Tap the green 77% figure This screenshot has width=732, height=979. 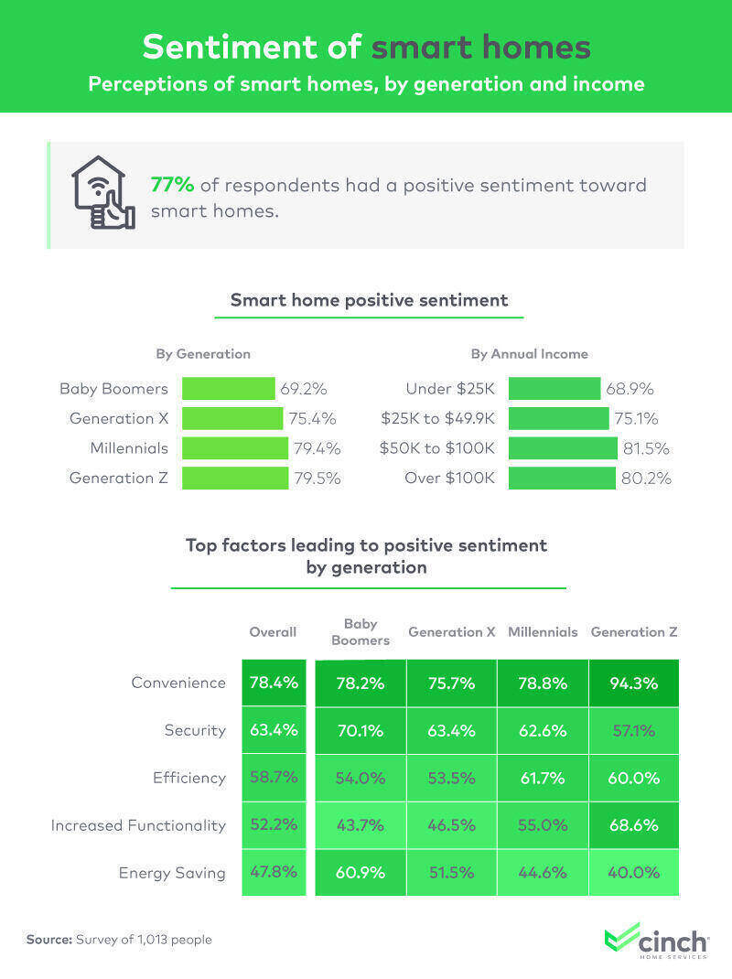(172, 185)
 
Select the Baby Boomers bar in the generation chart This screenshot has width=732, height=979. (228, 389)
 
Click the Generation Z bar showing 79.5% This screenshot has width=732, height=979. (234, 478)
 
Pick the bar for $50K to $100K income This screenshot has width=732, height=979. (563, 448)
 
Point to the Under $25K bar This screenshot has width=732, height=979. (554, 389)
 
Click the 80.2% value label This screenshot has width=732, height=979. (646, 478)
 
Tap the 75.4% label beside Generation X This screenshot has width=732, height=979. (313, 419)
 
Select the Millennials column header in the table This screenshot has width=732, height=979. (543, 632)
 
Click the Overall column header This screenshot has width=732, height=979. (273, 632)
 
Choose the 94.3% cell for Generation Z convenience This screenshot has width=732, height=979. (633, 683)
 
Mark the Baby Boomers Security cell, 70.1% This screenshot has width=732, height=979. (360, 730)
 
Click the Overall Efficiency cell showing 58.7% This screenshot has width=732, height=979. (273, 778)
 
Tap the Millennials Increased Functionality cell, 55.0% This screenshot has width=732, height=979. (543, 825)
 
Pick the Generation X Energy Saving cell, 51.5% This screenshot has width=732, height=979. (451, 873)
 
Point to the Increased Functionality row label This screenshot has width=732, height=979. (138, 825)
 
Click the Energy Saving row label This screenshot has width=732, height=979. (172, 873)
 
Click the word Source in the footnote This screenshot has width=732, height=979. (49, 940)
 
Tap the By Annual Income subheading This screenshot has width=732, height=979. (529, 354)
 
